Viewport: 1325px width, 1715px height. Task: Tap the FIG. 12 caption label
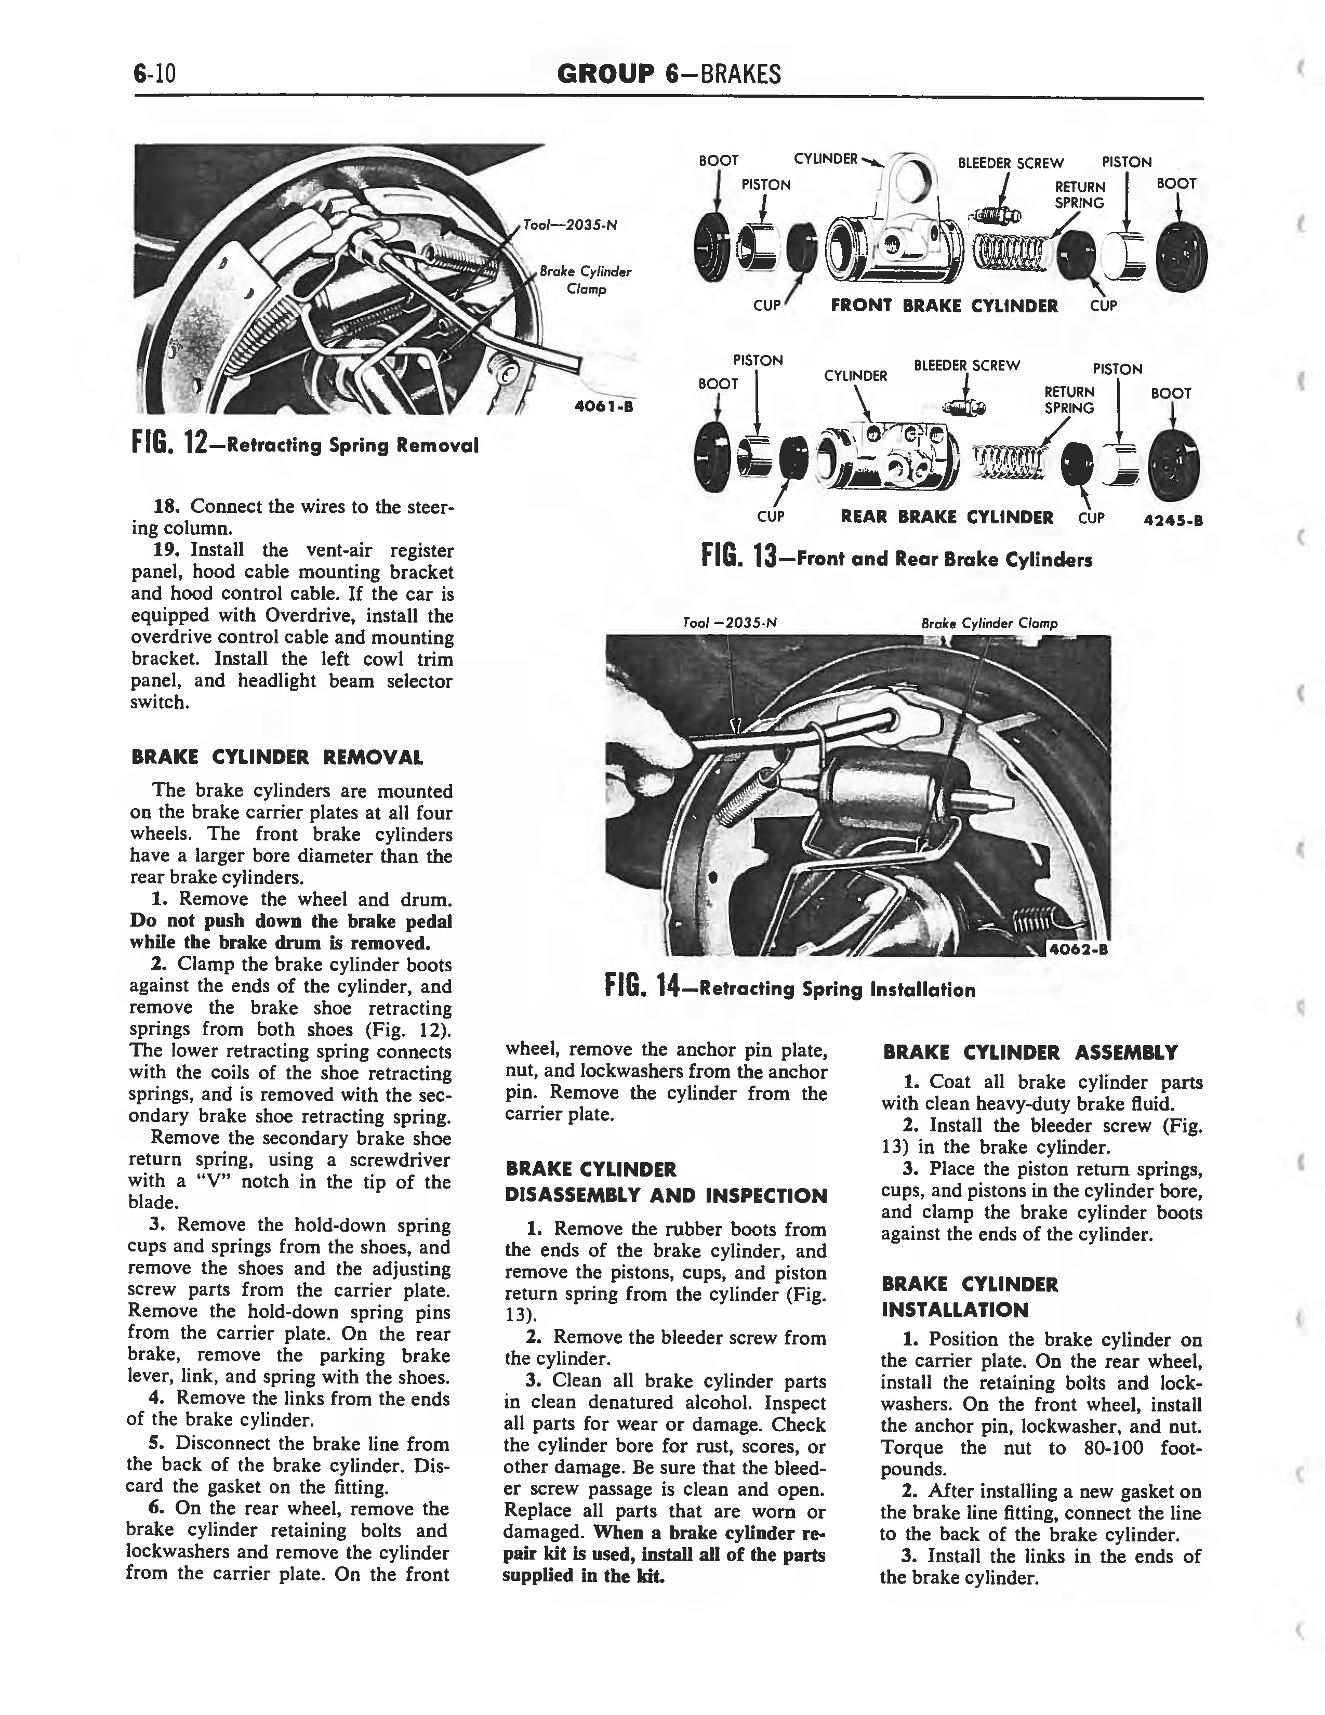point(304,444)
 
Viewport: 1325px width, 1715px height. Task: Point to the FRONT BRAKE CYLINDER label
point(944,306)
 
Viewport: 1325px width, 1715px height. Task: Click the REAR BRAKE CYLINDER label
point(947,517)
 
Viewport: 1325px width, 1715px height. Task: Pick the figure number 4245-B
point(1174,519)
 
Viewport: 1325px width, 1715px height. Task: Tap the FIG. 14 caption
point(790,988)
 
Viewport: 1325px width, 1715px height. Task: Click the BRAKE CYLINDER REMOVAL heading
point(277,758)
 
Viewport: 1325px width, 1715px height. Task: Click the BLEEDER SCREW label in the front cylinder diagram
point(1011,163)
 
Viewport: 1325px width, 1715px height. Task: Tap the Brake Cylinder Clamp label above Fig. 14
point(990,624)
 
